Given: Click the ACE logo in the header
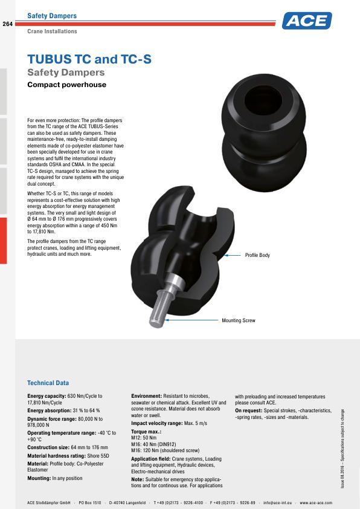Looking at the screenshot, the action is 307,21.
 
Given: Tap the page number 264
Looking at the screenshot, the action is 8,24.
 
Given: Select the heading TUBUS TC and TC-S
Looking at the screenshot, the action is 89,59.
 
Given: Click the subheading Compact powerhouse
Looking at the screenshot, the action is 66,85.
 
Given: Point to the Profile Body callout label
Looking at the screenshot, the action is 257,255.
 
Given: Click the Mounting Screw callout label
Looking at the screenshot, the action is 239,320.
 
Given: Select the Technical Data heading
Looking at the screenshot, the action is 48,383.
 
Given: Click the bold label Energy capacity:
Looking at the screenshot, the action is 47,396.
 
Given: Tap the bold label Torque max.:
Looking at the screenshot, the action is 146,433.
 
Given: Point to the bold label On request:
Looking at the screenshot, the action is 248,410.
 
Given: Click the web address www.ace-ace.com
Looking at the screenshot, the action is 316,502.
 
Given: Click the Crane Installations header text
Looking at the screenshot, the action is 52,31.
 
